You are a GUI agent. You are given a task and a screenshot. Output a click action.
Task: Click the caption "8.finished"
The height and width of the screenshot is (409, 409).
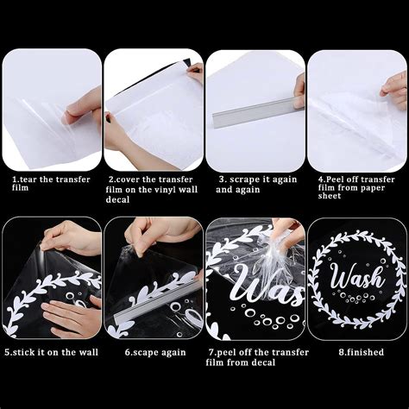361,352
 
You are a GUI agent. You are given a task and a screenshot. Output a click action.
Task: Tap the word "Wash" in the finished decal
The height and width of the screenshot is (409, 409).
358,277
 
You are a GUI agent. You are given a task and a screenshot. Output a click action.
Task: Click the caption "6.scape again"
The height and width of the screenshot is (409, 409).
155,353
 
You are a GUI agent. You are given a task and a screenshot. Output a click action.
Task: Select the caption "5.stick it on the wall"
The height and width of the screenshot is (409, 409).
51,352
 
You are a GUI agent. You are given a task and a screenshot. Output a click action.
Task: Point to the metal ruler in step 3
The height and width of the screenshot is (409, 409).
258,111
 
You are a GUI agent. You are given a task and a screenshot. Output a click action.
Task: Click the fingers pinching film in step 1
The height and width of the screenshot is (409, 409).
82,106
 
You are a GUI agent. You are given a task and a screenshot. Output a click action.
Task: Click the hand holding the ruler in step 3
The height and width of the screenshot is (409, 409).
299,90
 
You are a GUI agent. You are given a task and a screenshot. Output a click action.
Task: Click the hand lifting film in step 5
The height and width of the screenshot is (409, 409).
69,238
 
